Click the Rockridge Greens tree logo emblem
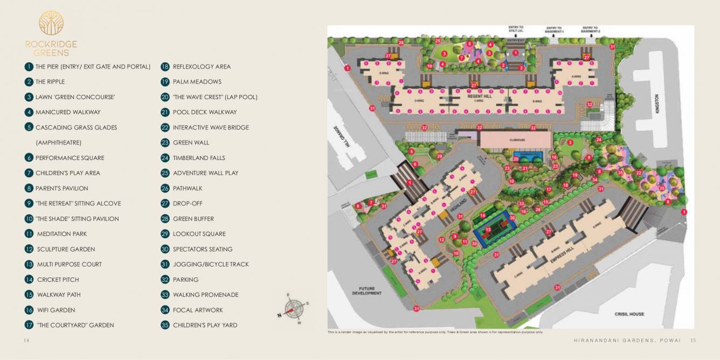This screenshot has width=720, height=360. [51, 23]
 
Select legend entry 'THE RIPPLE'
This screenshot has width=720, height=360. [50, 82]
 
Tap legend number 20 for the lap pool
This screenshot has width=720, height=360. [165, 97]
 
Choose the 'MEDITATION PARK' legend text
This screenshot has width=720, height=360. [61, 234]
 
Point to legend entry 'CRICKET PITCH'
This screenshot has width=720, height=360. [58, 280]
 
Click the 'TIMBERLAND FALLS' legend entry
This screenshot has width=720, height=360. [199, 158]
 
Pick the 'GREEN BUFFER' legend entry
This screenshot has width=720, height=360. [193, 219]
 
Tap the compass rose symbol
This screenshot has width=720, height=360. [294, 309]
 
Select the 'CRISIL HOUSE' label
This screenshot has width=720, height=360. [629, 314]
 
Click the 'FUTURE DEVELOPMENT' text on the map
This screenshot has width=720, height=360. [366, 291]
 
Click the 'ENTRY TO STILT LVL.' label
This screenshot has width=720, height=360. [516, 29]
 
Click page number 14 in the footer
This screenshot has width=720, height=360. [25, 340]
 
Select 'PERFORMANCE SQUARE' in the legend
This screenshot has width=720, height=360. [70, 158]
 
